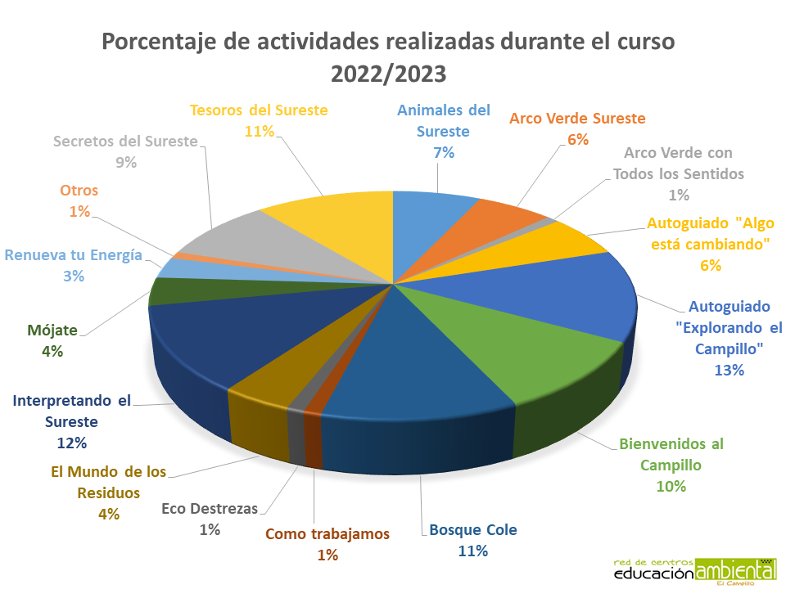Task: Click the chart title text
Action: [389, 56]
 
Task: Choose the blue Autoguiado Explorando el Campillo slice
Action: [557, 294]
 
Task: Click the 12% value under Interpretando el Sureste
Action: [72, 443]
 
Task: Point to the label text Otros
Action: [79, 191]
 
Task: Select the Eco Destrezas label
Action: [210, 509]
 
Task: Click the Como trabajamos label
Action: [327, 534]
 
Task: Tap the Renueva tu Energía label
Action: [74, 255]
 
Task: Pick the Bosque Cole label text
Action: [473, 530]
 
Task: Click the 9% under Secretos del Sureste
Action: [125, 162]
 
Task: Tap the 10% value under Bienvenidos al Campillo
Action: [671, 486]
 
